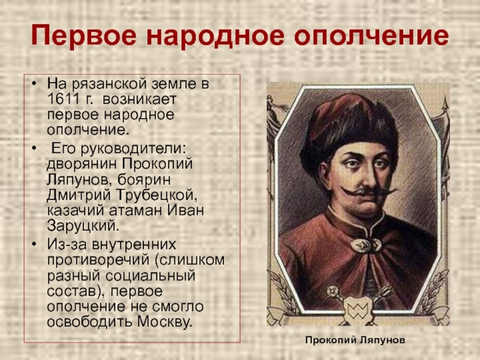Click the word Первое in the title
pos(84,35)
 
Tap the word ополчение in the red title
pos(371,35)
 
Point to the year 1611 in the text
pos(62,99)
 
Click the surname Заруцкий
pos(82,226)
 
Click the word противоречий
pos(98,260)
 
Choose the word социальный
pos(151,276)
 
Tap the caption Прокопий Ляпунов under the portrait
pos(355,340)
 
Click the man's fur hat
pos(349,128)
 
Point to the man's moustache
pos(368,192)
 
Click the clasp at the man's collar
pos(366,245)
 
